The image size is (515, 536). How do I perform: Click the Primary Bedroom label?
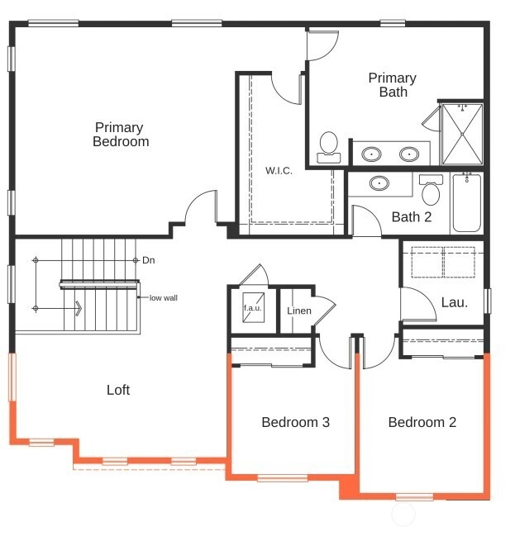tap(121, 135)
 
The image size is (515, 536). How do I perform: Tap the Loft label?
tap(118, 390)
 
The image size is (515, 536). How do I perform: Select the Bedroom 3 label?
tap(296, 422)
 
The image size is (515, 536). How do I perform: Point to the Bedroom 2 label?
tap(422, 422)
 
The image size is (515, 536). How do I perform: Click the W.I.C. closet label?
tap(279, 171)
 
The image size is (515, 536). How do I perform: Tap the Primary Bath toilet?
tap(329, 147)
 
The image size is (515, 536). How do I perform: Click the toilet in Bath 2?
tap(431, 190)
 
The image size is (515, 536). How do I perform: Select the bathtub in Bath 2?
tap(467, 202)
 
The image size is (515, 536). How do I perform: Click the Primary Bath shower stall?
tap(462, 134)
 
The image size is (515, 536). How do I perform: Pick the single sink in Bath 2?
tap(379, 183)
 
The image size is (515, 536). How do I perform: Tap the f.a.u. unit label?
tap(253, 308)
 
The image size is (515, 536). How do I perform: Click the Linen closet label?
tap(299, 311)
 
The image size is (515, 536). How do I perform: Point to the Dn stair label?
tap(149, 260)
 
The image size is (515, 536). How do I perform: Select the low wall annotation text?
tap(164, 298)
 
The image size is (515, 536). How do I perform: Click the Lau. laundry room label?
tap(455, 302)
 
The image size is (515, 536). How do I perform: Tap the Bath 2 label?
tap(412, 217)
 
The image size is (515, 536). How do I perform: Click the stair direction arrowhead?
tap(79, 308)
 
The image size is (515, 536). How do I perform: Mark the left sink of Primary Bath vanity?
tap(372, 154)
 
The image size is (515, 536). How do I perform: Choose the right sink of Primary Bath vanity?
tap(409, 154)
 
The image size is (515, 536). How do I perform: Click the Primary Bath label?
tap(393, 85)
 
